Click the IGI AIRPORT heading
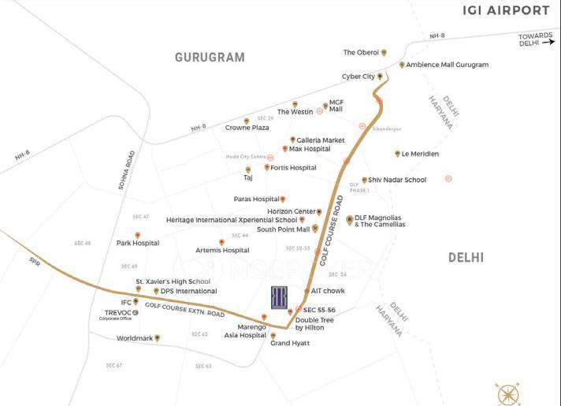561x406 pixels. coord(506,10)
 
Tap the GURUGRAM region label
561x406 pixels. coord(210,58)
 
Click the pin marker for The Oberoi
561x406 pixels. coord(384,53)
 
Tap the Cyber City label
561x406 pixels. coord(358,76)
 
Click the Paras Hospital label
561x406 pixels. coord(256,199)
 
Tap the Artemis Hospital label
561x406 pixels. coord(222,250)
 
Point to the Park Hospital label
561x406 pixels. coord(138,244)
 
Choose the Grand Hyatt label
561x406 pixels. coord(290,344)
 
